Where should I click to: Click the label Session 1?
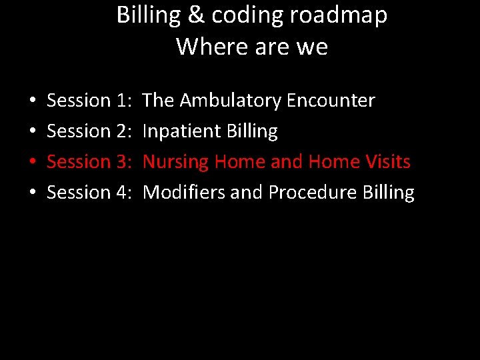click(89, 101)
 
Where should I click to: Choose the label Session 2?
click(89, 131)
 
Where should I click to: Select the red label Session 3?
click(89, 162)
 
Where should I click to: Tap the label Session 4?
click(89, 193)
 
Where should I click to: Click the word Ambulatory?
click(231, 101)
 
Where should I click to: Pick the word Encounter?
click(331, 101)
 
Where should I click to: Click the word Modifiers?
click(184, 193)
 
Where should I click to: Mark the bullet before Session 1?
click(33, 102)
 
